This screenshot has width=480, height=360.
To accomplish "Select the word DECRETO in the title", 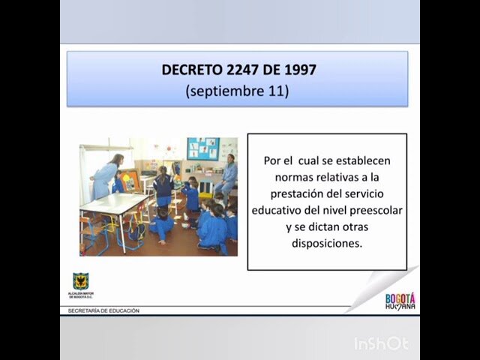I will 191,70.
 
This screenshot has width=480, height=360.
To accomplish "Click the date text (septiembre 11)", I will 237,91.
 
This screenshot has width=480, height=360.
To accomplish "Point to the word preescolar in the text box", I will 375,210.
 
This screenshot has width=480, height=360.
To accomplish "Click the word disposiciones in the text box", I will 327,243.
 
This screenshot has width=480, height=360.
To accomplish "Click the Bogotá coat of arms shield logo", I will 81,281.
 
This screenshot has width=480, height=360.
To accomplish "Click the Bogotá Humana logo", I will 400,301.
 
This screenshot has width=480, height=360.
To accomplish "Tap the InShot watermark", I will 382,343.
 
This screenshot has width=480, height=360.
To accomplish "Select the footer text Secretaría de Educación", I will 103,310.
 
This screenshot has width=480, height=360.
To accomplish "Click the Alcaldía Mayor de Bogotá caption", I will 81,295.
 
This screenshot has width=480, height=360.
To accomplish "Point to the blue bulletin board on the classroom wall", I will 202,148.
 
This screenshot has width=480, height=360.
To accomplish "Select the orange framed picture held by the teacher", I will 129,181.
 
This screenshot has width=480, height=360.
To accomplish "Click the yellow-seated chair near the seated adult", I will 205,196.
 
